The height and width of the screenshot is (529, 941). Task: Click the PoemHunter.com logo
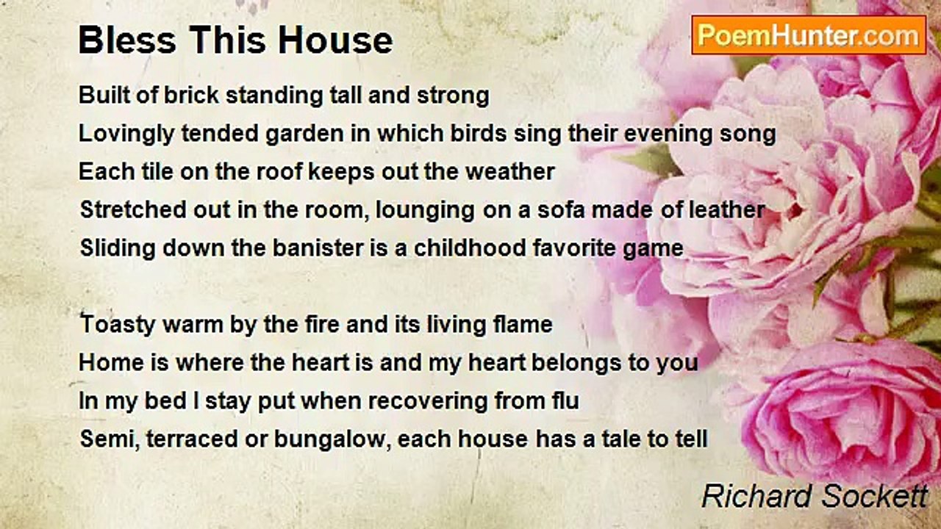pyautogui.click(x=809, y=35)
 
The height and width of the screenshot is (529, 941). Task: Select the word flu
pyautogui.click(x=563, y=401)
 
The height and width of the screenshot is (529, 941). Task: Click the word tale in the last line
pyautogui.click(x=605, y=439)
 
